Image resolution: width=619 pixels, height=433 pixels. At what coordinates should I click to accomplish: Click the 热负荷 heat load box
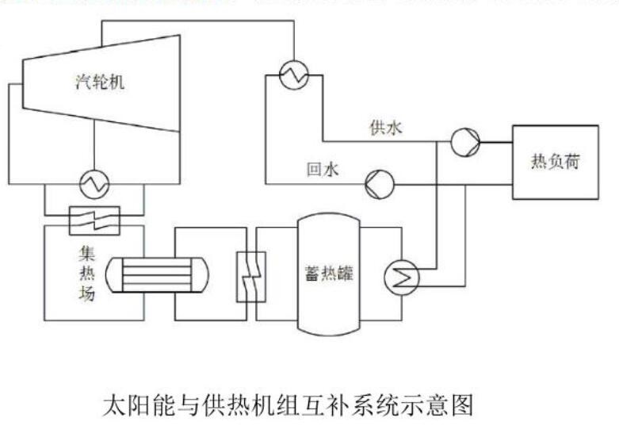(x=555, y=163)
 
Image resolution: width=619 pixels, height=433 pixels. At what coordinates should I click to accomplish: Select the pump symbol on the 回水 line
(x=380, y=185)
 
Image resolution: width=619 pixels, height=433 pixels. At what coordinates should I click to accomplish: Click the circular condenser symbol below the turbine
(x=94, y=185)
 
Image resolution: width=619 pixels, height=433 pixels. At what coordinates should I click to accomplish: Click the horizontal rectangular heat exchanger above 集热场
(x=94, y=219)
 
